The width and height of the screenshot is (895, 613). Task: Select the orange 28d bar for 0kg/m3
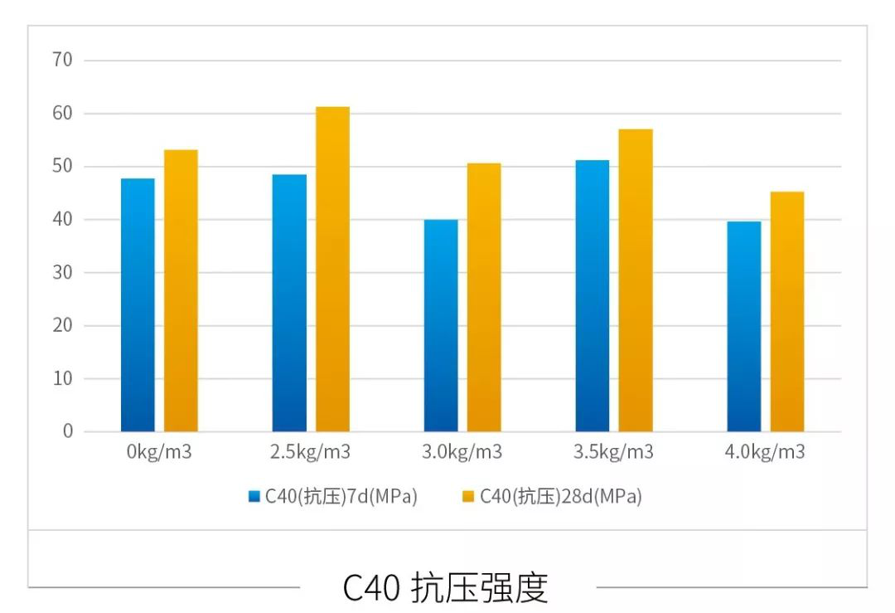pos(181,291)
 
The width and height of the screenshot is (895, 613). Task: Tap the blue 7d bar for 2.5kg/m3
pos(289,303)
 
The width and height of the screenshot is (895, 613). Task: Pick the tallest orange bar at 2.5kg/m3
pos(332,270)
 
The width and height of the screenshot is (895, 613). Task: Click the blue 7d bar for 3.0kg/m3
pos(441,326)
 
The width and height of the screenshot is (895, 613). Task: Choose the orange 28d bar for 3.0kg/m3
pos(484,298)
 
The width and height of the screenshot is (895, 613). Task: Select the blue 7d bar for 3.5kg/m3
pos(593,296)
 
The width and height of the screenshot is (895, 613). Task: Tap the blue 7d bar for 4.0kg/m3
pos(744,327)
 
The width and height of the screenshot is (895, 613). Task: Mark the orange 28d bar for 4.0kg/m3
pos(787,312)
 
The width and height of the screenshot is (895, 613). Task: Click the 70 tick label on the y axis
pos(63,60)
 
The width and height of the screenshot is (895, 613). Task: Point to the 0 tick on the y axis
pos(68,431)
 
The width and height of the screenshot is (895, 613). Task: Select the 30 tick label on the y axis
pos(63,272)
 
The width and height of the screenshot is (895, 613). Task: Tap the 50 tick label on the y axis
pos(63,166)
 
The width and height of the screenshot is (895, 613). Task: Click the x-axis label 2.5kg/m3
pos(311,453)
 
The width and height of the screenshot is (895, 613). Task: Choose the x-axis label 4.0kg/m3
pos(766,453)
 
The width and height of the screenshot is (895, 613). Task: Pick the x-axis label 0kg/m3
pos(159,453)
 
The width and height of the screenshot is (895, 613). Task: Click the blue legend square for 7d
pos(254,497)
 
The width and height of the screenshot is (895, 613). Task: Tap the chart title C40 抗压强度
pos(446,587)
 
